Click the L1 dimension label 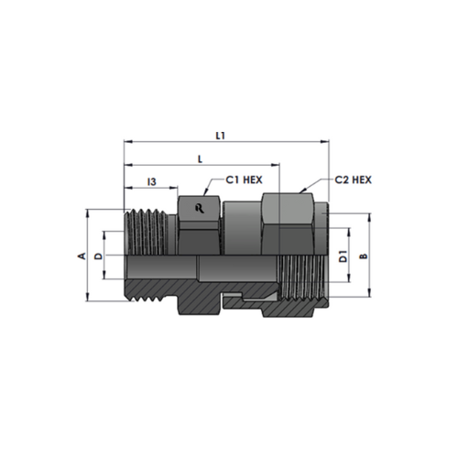click(x=220, y=136)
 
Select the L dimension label click(x=200, y=159)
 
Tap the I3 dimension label click(x=152, y=181)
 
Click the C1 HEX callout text click(x=244, y=180)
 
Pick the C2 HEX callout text click(x=354, y=180)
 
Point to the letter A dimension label click(x=82, y=256)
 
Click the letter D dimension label click(x=98, y=256)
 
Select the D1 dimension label click(x=343, y=256)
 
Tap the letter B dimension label click(x=364, y=256)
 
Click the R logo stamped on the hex click(x=200, y=209)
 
